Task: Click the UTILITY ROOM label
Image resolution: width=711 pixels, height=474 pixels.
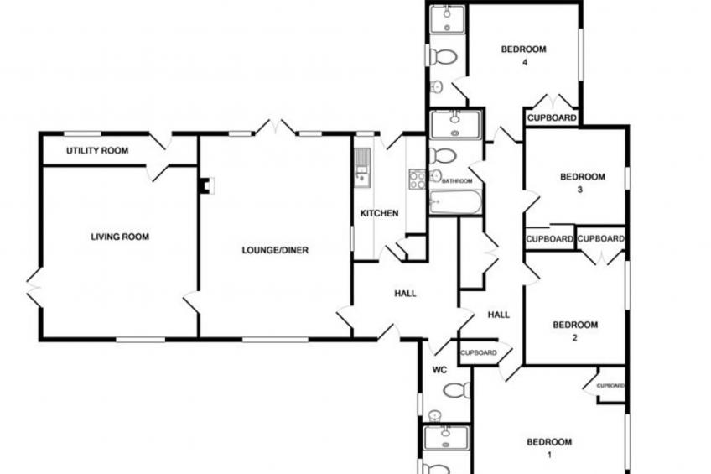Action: click(x=97, y=151)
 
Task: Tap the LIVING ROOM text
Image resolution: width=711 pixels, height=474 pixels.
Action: click(x=120, y=237)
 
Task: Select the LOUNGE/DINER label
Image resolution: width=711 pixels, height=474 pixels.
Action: click(x=275, y=250)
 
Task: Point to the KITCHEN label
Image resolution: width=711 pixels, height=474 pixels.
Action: click(x=380, y=213)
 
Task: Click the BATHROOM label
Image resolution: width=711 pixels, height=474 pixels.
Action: click(x=457, y=181)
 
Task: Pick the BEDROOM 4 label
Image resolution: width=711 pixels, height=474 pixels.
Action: click(x=524, y=55)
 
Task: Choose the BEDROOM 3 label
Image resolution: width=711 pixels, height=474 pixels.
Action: click(x=583, y=183)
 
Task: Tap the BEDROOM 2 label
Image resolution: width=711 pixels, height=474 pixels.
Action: click(x=575, y=331)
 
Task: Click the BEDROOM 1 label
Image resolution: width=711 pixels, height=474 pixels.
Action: click(x=549, y=448)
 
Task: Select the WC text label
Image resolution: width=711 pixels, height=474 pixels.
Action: click(x=439, y=370)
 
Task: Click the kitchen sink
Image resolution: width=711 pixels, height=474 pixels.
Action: click(x=362, y=168)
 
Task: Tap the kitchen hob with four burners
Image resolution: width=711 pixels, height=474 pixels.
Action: click(x=418, y=179)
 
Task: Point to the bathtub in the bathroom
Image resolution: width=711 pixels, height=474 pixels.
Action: click(x=455, y=202)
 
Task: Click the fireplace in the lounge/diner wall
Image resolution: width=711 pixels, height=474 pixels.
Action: click(x=207, y=185)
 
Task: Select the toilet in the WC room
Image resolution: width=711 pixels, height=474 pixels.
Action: click(x=457, y=390)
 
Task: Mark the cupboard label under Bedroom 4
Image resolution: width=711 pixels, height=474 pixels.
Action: click(x=552, y=118)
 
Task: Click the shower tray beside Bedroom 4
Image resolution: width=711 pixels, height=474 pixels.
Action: click(x=448, y=19)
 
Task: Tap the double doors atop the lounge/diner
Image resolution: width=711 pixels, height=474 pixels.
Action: click(x=275, y=128)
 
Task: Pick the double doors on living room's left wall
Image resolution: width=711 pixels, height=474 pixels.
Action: click(x=34, y=288)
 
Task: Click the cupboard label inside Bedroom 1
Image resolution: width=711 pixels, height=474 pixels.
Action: click(x=610, y=386)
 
